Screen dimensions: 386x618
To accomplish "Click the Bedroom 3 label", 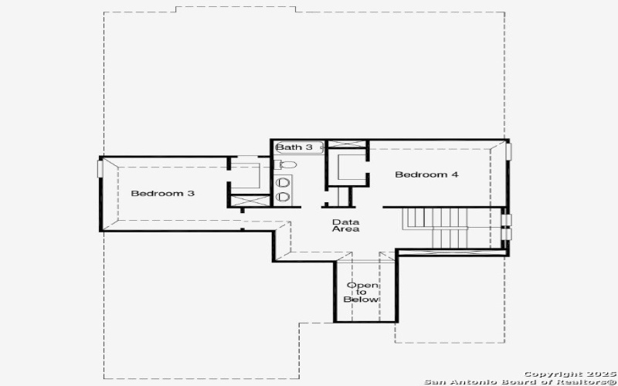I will pos(161,193).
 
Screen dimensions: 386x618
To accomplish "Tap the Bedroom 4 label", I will pos(426,174).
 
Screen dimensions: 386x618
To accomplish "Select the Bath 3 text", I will pos(294,147).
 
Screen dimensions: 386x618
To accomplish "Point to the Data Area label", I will pos(345,225).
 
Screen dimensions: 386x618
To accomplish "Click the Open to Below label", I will pos(362,293).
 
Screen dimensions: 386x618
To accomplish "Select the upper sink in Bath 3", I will pos(284,182).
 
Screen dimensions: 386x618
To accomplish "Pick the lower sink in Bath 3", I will pos(284,197).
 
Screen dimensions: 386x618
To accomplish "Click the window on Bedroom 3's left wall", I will pos(99,168).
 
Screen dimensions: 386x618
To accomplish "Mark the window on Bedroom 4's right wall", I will pos(508,150).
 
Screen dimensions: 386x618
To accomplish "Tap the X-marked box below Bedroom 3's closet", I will pos(249,199).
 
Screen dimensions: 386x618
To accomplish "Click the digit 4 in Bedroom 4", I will pos(455,174).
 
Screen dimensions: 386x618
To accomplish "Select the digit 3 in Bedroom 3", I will pos(191,193).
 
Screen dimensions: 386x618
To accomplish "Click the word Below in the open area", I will pos(362,300).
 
